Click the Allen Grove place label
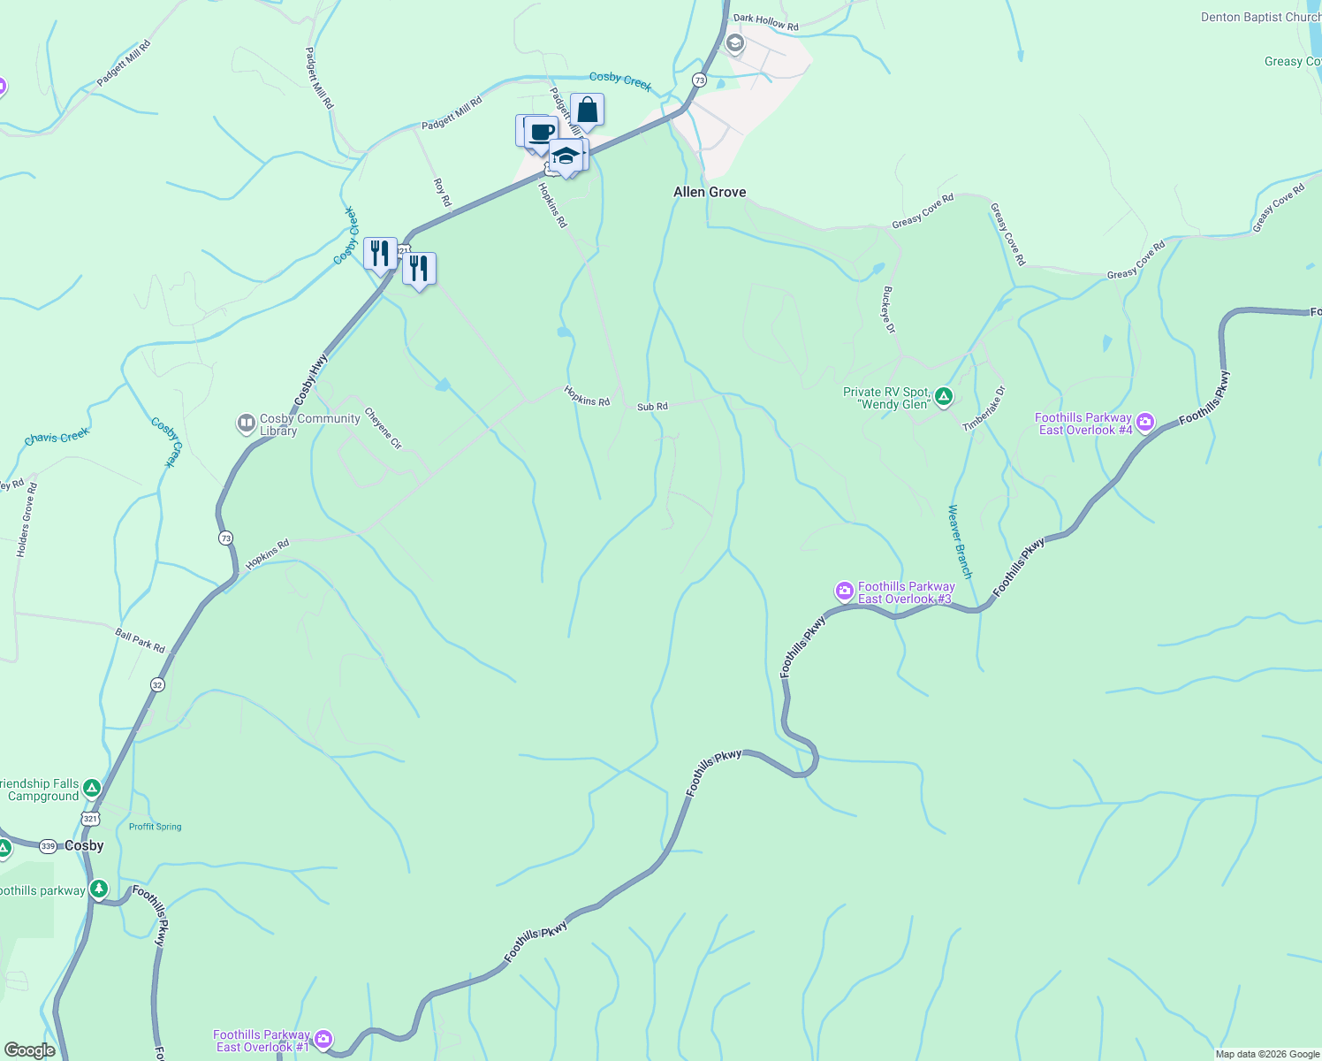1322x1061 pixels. click(710, 192)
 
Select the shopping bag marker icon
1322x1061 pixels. click(587, 111)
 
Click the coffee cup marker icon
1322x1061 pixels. click(541, 134)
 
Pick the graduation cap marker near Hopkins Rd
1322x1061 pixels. click(566, 156)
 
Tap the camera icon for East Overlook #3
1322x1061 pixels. click(845, 591)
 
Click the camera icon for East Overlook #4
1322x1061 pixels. click(1146, 423)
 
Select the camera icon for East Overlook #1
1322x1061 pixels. click(323, 1039)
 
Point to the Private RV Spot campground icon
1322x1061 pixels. click(944, 396)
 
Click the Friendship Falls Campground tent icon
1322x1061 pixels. click(92, 788)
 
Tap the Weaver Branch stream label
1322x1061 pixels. click(960, 542)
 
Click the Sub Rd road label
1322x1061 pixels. click(652, 407)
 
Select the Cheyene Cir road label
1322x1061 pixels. click(383, 428)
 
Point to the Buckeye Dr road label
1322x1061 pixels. click(888, 309)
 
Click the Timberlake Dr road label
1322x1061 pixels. click(984, 408)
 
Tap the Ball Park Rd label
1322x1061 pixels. click(140, 640)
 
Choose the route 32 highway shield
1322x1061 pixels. click(157, 684)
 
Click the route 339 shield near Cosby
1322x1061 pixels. click(48, 846)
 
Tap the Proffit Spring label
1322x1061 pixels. click(155, 827)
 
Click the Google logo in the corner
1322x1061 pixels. click(29, 1050)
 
